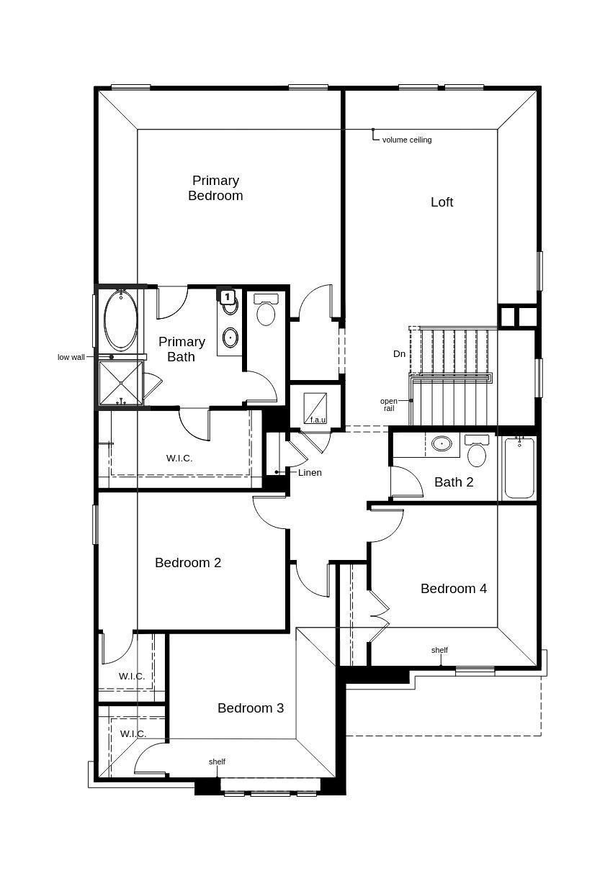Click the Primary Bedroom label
(x=215, y=188)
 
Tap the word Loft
(x=442, y=202)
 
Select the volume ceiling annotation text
(x=406, y=140)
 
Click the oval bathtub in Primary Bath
(x=120, y=320)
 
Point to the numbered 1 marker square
(x=227, y=297)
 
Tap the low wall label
(x=71, y=357)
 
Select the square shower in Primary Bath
(x=120, y=383)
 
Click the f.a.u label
(x=317, y=420)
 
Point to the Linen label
(x=310, y=473)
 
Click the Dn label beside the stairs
(x=399, y=354)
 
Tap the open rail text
(x=388, y=405)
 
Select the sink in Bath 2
(x=442, y=444)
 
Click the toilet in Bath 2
(x=476, y=451)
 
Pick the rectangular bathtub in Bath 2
(x=519, y=467)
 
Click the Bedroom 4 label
(x=453, y=589)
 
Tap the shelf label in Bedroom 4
(x=439, y=650)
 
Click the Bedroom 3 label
(x=251, y=708)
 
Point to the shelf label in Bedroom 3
(x=217, y=762)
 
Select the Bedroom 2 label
(x=188, y=563)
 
